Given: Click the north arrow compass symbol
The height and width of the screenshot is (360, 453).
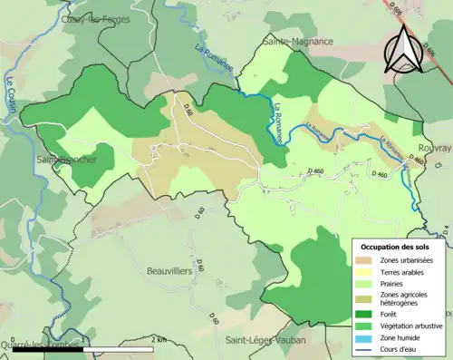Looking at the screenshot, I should (x=404, y=49).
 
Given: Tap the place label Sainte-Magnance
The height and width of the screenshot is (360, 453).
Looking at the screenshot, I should (x=297, y=42).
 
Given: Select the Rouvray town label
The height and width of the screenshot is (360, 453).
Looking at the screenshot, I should (x=434, y=147).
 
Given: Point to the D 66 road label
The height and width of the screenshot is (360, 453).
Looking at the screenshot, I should (x=188, y=112).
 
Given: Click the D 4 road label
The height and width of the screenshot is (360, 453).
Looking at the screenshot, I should (x=448, y=229).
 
